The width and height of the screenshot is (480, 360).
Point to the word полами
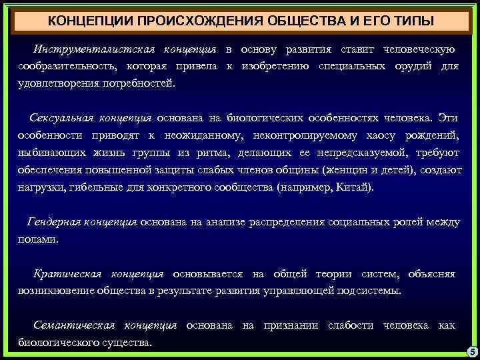coord(38,239)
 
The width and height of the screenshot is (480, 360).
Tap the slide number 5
coord(470,351)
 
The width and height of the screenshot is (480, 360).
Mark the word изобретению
coord(275,67)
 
